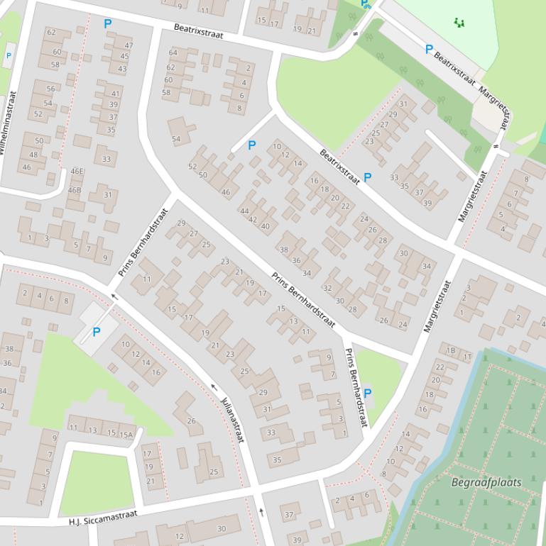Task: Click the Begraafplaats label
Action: [486, 483]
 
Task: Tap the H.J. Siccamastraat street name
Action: [102, 517]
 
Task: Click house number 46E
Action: [77, 172]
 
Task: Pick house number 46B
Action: [75, 190]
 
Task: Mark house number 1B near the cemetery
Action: [450, 350]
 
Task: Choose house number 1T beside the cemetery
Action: [467, 358]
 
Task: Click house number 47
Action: [129, 46]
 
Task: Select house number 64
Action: [173, 53]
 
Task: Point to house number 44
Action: [244, 211]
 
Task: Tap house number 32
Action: [327, 289]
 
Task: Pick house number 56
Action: [50, 89]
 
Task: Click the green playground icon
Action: [459, 23]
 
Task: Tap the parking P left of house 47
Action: [108, 24]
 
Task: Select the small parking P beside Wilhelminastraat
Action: [9, 55]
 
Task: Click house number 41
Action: [115, 94]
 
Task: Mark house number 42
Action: [253, 220]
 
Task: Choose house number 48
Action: [33, 155]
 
